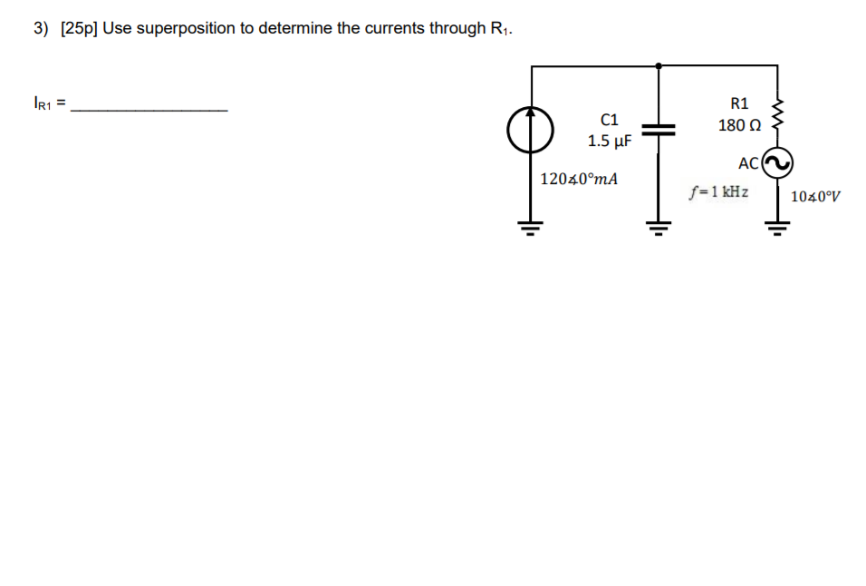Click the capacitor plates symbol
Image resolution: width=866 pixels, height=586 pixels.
[x=658, y=130]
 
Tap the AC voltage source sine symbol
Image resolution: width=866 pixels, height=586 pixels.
[x=777, y=163]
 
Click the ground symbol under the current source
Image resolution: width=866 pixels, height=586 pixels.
[x=531, y=226]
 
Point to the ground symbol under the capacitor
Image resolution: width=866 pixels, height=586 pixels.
[x=658, y=226]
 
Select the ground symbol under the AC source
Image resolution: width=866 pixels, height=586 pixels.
[x=777, y=226]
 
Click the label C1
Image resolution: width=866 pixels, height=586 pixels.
[x=610, y=119]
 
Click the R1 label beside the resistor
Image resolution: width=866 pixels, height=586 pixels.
[x=739, y=103]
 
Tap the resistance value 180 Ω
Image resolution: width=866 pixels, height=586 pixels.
[x=738, y=125]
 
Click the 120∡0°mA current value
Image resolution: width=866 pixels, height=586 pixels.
[x=579, y=179]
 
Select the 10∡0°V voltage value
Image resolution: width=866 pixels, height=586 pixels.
[x=815, y=196]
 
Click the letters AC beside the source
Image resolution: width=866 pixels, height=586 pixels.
[x=747, y=163]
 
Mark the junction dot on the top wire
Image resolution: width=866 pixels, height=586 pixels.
[x=658, y=65]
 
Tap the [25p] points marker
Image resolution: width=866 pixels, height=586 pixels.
[x=79, y=28]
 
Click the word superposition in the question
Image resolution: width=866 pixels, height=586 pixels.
[x=187, y=28]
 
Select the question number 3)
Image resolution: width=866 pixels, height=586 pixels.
[x=41, y=28]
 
